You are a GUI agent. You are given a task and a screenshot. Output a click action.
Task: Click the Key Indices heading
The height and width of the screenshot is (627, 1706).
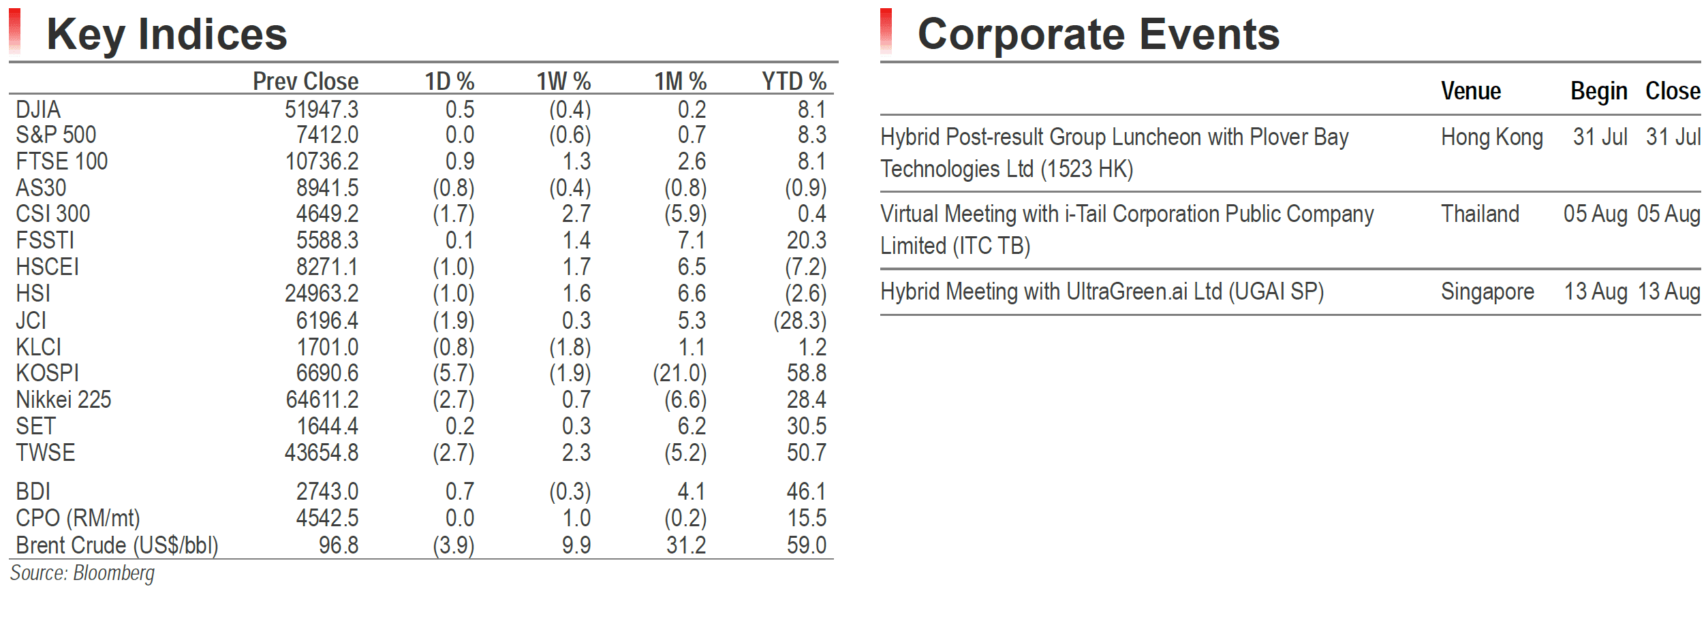pyautogui.click(x=167, y=35)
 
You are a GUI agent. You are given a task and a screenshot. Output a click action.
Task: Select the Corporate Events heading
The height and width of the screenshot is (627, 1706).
pyautogui.click(x=1098, y=35)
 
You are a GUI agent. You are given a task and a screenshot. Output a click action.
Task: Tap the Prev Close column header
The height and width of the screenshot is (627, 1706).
pyautogui.click(x=305, y=81)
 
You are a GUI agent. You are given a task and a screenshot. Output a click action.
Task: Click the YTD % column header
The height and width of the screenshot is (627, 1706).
pyautogui.click(x=794, y=81)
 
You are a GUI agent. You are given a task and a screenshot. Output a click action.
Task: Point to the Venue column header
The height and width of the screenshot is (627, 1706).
pyautogui.click(x=1471, y=91)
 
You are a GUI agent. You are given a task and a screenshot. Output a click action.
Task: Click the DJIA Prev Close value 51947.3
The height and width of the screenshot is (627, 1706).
pyautogui.click(x=322, y=109)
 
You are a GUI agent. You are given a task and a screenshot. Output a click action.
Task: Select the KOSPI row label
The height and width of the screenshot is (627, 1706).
pyautogui.click(x=48, y=373)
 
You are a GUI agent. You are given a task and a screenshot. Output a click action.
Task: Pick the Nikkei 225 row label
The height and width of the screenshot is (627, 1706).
pyautogui.click(x=63, y=400)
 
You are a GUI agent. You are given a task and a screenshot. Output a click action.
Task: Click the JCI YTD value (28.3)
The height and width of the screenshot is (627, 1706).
pyautogui.click(x=800, y=321)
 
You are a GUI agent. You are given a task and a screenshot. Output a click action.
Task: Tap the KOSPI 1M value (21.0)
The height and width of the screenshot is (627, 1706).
pyautogui.click(x=680, y=374)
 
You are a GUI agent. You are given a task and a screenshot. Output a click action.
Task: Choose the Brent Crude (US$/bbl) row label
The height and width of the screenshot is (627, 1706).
pyautogui.click(x=117, y=545)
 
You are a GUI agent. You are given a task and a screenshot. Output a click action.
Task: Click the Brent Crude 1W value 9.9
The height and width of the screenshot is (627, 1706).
pyautogui.click(x=576, y=545)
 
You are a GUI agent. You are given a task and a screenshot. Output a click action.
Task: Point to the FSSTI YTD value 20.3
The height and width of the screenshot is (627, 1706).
pyautogui.click(x=807, y=240)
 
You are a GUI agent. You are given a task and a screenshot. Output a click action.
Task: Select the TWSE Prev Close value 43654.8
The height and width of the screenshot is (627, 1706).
pyautogui.click(x=322, y=453)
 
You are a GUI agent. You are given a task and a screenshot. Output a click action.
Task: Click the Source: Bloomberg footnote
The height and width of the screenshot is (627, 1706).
pyautogui.click(x=82, y=573)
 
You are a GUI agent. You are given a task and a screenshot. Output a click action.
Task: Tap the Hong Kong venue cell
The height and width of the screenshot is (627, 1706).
pyautogui.click(x=1492, y=138)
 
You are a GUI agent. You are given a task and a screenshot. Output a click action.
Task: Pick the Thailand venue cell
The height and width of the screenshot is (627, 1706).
pyautogui.click(x=1480, y=214)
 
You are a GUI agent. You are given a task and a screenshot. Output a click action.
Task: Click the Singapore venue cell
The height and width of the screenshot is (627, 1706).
pyautogui.click(x=1488, y=292)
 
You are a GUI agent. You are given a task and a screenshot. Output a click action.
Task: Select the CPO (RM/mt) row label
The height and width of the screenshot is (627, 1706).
pyautogui.click(x=78, y=519)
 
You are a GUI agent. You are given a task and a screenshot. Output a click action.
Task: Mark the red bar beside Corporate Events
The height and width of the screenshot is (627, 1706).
pyautogui.click(x=886, y=31)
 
